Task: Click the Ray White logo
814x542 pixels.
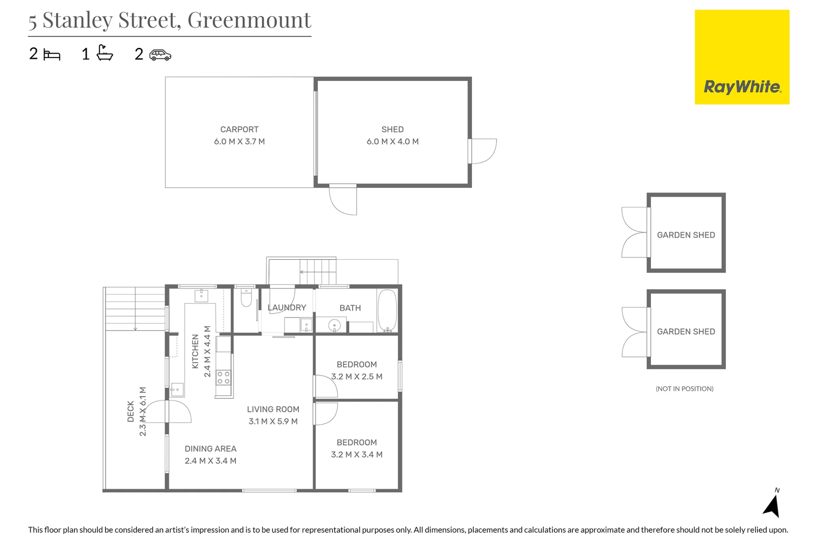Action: coord(742,57)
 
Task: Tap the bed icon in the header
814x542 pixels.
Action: coord(52,55)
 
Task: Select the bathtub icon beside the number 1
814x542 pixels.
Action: coord(105,53)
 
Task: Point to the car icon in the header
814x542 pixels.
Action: coord(160,55)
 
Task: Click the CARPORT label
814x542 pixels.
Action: coord(239,129)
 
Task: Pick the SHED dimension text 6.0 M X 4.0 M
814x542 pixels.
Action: coord(392,141)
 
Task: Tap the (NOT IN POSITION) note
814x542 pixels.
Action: coord(685,389)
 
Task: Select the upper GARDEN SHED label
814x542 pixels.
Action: coord(686,235)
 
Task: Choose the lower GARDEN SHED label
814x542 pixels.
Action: coord(686,331)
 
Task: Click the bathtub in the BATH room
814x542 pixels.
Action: coord(387,311)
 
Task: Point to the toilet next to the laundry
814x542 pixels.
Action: coord(246,298)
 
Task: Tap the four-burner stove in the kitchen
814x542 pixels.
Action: coord(223,377)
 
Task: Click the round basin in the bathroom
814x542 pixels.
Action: coord(335,325)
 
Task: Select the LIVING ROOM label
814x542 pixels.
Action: coord(273,409)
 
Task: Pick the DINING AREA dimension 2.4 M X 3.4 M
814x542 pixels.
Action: coord(210,461)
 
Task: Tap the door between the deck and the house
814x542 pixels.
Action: coord(178,411)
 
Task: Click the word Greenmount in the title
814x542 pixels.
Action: coord(249,20)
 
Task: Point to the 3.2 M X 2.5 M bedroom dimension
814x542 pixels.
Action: coord(357,377)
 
